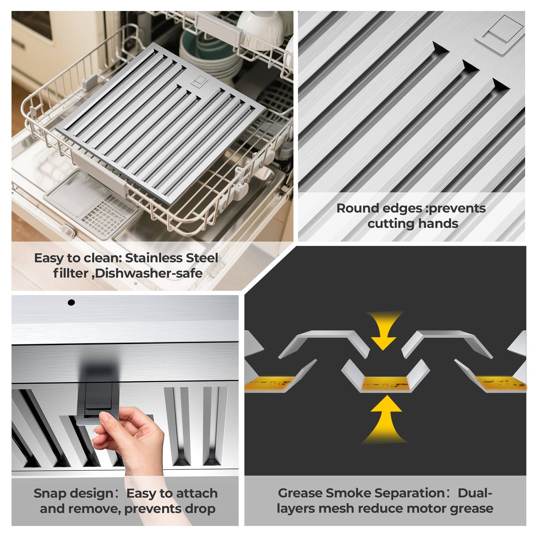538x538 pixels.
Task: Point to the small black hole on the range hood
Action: tap(71, 302)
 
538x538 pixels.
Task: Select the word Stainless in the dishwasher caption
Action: tap(154, 259)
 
